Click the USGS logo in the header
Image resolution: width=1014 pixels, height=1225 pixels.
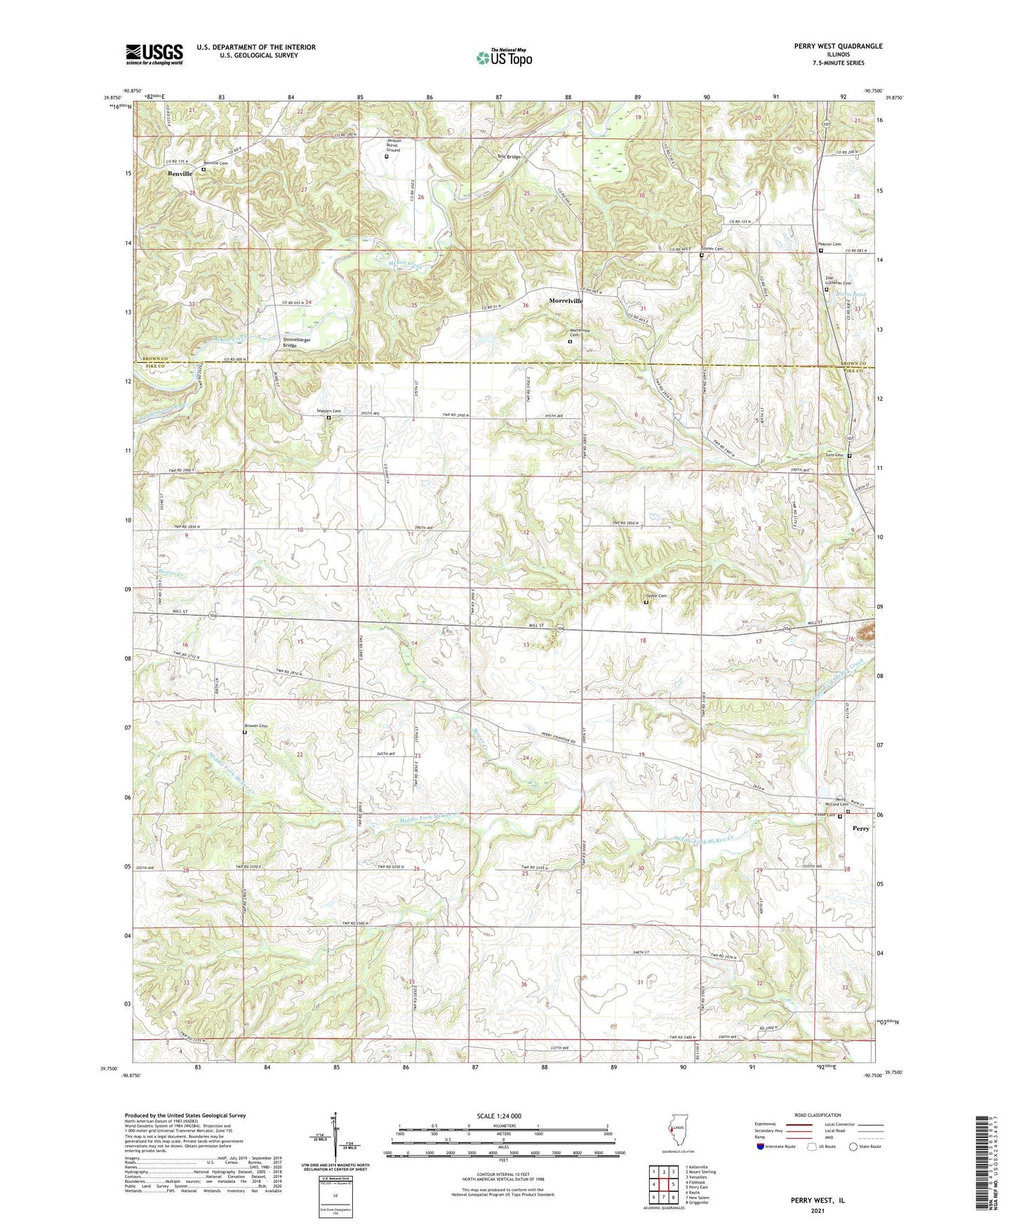click(154, 54)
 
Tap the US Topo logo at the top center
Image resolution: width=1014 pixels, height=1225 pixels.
click(503, 58)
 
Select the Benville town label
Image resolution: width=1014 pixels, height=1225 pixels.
click(180, 173)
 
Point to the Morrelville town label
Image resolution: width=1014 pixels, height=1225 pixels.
click(566, 301)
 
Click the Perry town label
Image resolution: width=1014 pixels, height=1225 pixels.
click(860, 829)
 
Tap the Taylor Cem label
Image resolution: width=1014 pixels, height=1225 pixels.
click(656, 596)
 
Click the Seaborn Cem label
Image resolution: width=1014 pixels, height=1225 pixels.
click(328, 411)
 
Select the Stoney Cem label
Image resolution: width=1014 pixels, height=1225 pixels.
click(712, 248)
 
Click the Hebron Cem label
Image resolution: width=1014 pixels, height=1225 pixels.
click(829, 244)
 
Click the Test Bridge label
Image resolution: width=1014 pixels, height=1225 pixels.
click(509, 156)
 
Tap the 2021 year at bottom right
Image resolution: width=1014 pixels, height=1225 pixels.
click(818, 1210)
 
